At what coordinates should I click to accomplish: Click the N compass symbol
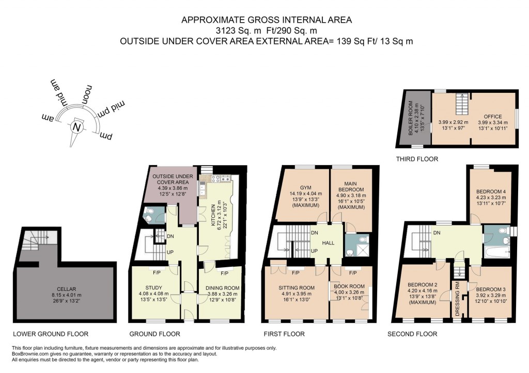77,127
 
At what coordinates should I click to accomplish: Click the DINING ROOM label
219,288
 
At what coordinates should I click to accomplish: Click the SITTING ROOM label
296,288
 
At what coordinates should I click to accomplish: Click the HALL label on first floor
328,242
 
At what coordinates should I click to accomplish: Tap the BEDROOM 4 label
491,191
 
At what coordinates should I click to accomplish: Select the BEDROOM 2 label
423,284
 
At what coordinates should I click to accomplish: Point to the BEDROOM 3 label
491,289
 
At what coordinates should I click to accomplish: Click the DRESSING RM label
457,299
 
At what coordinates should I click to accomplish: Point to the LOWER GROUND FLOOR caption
51,334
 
